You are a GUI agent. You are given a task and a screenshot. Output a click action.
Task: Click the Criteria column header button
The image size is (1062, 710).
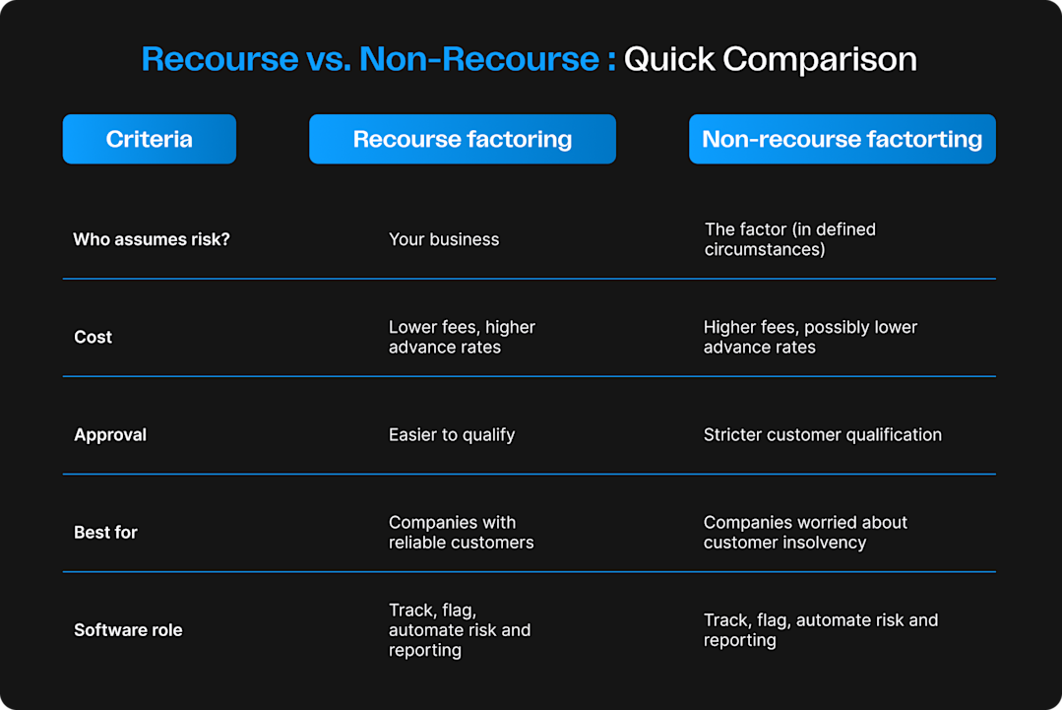[150, 139]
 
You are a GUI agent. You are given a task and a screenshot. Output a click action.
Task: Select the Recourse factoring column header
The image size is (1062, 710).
[463, 139]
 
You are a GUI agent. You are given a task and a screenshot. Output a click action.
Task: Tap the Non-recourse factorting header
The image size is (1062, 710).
[842, 139]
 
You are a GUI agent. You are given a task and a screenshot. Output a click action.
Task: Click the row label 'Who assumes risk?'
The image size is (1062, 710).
[152, 239]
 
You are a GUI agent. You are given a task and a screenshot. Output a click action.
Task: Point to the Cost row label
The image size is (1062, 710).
[94, 337]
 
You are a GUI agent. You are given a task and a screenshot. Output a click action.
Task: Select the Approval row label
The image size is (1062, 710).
[110, 434]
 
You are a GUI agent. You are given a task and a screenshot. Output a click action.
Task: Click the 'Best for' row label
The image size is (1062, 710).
[105, 532]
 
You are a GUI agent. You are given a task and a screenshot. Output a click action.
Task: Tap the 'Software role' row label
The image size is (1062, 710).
[128, 630]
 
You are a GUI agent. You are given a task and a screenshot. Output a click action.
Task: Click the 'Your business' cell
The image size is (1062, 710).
[444, 239]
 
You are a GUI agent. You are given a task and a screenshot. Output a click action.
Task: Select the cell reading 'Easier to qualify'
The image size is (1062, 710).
[452, 434]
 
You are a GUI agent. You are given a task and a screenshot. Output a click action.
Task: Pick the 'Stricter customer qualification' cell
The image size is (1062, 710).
[822, 434]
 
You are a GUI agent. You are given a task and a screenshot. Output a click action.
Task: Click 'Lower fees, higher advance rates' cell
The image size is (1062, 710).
[462, 337]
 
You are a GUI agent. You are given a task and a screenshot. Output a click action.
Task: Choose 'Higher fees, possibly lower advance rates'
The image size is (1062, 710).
[810, 337]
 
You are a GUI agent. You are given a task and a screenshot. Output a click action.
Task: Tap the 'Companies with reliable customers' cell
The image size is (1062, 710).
[461, 532]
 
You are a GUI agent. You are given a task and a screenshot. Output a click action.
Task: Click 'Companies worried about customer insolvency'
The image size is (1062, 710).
[805, 532]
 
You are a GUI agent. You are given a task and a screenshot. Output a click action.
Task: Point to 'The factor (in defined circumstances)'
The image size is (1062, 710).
[789, 239]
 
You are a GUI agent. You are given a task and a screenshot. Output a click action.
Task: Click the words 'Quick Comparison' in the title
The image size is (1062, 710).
[771, 59]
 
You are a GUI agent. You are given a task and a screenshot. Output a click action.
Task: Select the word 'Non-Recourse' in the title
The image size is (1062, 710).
[479, 59]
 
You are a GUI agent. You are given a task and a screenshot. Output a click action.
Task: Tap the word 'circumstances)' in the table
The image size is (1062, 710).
[765, 250]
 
